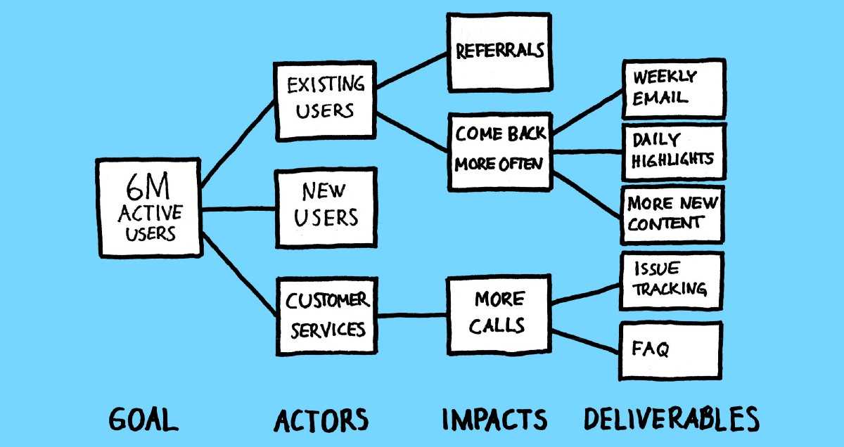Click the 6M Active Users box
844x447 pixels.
tap(150, 208)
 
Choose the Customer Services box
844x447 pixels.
tap(326, 315)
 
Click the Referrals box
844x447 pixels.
tap(499, 52)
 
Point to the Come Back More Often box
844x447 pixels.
tap(499, 150)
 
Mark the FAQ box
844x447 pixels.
tap(670, 349)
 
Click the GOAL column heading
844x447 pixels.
tap(143, 420)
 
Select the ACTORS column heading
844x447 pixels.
tap(321, 420)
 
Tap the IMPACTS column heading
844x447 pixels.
tap(494, 420)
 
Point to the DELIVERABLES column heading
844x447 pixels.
tap(671, 420)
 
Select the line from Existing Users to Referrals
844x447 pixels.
tap(412, 70)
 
